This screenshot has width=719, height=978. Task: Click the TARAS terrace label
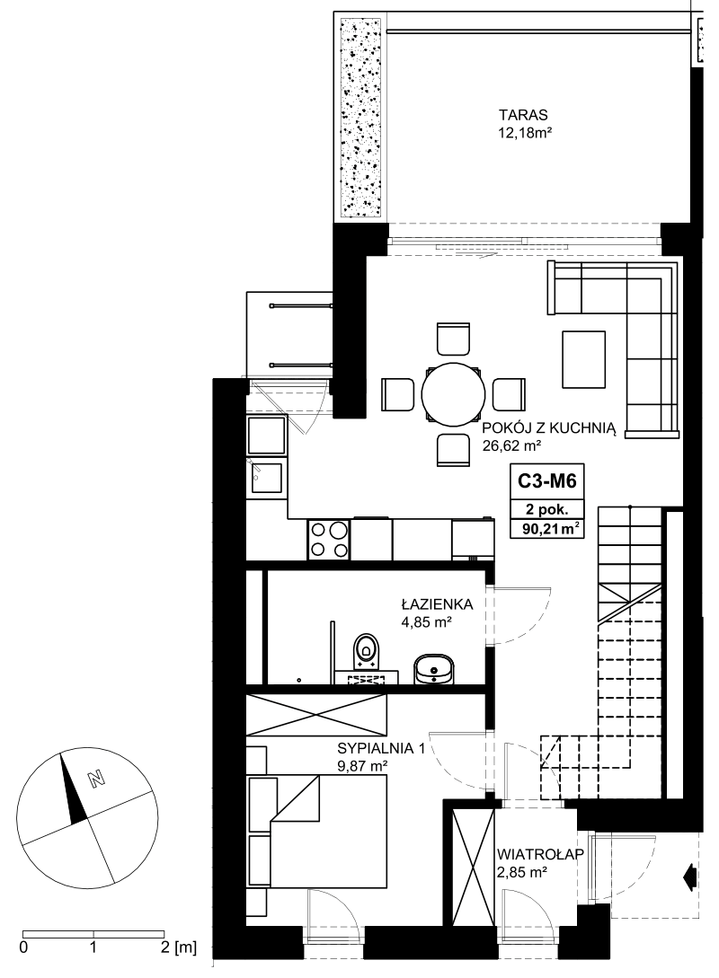click(523, 115)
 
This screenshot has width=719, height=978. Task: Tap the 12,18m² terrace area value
click(523, 132)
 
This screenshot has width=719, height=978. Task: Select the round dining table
click(454, 394)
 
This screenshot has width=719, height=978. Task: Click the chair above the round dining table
click(453, 339)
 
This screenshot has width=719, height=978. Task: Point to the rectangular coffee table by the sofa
click(583, 359)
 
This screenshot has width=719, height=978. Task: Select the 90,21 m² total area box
click(547, 529)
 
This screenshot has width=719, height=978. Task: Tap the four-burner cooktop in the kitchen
click(328, 540)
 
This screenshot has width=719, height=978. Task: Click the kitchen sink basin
click(267, 480)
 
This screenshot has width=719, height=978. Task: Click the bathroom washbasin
click(435, 668)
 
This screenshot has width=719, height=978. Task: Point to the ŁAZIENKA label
click(437, 604)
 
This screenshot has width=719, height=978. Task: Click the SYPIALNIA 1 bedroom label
click(381, 748)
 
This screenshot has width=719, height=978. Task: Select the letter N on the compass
click(95, 779)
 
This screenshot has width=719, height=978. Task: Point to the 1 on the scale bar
click(93, 948)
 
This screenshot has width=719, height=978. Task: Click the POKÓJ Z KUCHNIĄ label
click(549, 428)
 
